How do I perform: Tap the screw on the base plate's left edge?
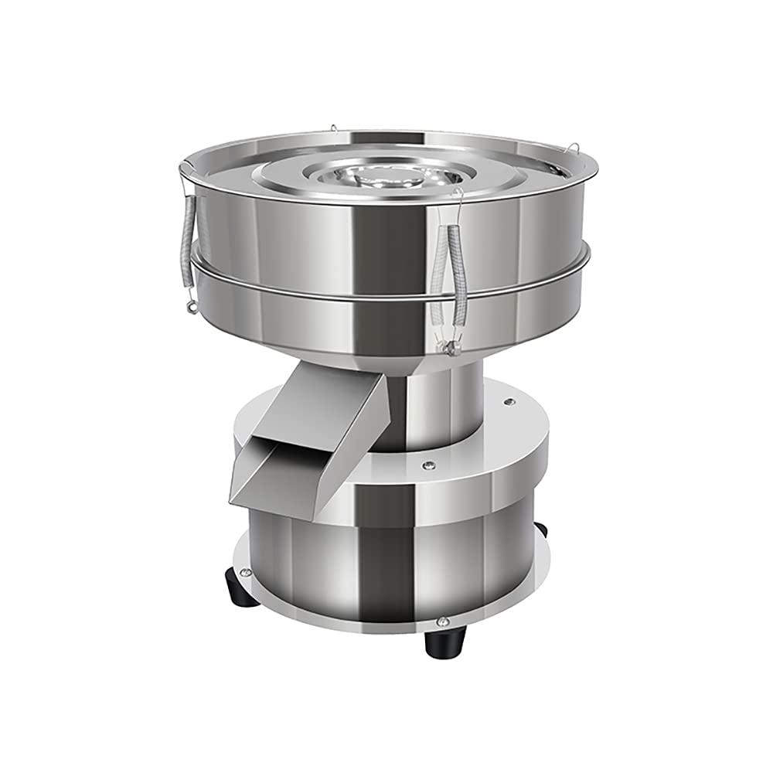click(246, 572)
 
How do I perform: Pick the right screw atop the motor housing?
click(508, 401)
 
